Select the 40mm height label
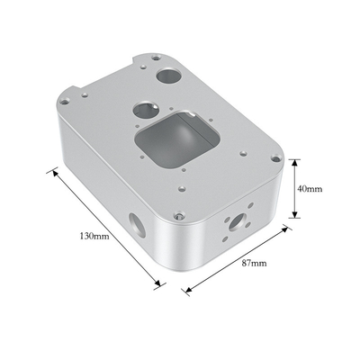(310, 189)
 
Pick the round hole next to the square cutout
(146, 110)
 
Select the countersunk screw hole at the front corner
(178, 215)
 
